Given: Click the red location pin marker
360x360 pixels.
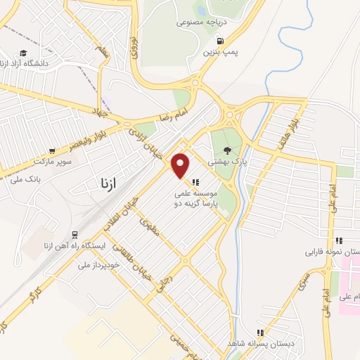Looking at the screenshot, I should [181, 165].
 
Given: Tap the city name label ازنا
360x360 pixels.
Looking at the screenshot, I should [103, 184].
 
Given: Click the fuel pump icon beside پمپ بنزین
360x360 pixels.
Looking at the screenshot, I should [221, 40].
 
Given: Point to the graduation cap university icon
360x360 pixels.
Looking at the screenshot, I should [24, 53].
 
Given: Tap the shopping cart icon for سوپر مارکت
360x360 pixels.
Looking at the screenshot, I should [52, 150].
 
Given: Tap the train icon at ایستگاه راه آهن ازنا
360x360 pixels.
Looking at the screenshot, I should [75, 235].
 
